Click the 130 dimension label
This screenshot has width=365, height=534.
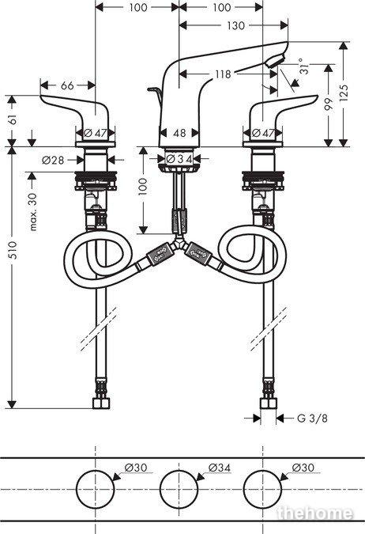(x=235, y=25)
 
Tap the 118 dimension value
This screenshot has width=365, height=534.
(x=223, y=74)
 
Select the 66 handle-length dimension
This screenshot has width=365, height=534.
(x=67, y=85)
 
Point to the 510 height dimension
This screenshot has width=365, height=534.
(x=13, y=250)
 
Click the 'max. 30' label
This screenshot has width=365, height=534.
(x=33, y=211)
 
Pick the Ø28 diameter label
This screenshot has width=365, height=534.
(x=53, y=160)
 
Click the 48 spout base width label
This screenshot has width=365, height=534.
(x=179, y=133)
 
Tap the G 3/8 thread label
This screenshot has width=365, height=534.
(x=312, y=418)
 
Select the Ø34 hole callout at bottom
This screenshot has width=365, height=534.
(x=220, y=468)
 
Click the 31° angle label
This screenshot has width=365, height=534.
(x=303, y=66)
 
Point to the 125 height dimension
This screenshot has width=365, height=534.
(x=344, y=93)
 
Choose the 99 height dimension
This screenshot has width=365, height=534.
(x=328, y=104)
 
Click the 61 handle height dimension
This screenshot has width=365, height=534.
(x=13, y=119)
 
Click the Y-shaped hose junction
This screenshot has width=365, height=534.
(x=179, y=244)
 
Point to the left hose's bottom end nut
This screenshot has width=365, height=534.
(x=101, y=403)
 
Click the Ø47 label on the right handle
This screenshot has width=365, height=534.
(x=263, y=133)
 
